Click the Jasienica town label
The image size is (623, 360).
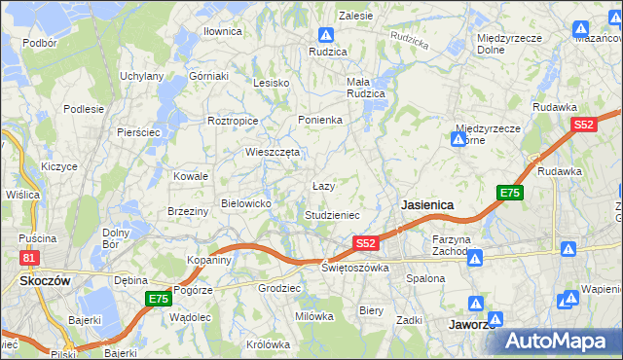click(427, 205)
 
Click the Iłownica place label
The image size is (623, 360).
click(222, 31)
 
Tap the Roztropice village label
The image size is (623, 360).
click(233, 121)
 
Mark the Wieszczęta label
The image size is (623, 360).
click(274, 152)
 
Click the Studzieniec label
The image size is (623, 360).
click(333, 214)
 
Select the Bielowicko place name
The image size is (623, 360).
click(252, 202)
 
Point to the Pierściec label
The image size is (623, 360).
click(137, 131)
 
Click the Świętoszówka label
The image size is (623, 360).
click(355, 268)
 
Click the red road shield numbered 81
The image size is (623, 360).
click(29, 258)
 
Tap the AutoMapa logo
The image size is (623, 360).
click(557, 340)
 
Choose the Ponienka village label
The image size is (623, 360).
click(321, 120)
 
